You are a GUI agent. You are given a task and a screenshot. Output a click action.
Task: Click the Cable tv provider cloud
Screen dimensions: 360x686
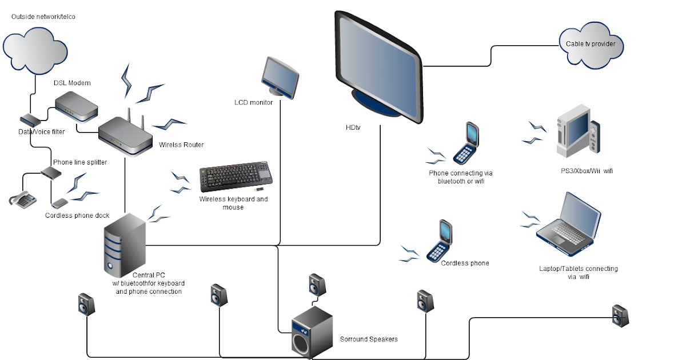tap(591, 43)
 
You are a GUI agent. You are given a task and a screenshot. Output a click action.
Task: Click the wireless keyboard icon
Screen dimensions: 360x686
tap(236, 178)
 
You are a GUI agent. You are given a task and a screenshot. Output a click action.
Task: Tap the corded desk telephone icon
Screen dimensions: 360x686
tap(23, 200)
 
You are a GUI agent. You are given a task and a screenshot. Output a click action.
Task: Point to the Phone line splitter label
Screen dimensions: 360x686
tap(80, 162)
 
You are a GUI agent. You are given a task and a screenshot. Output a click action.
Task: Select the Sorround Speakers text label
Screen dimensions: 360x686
tap(369, 339)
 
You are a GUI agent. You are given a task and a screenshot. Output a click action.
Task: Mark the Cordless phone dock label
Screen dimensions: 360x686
tap(77, 215)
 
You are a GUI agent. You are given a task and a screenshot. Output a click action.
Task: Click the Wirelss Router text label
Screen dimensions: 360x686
tap(181, 145)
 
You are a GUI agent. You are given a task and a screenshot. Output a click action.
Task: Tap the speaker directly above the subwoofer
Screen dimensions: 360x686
tap(318, 284)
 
